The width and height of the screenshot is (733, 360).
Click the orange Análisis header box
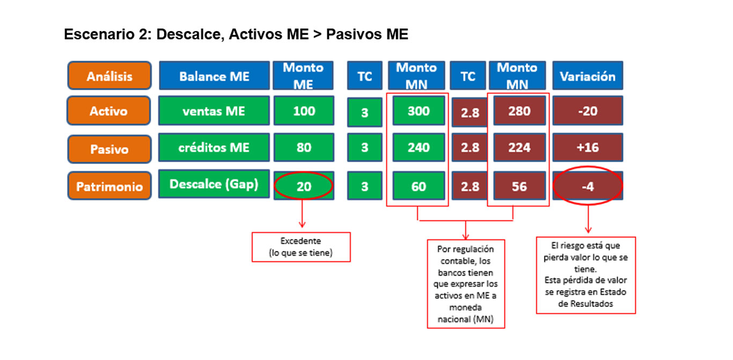109,76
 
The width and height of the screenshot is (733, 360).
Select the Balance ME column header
214,76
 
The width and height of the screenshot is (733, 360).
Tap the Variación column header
588,76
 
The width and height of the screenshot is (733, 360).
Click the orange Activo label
108,111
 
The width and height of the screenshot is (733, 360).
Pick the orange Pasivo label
109,149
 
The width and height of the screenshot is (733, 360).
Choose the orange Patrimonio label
109,186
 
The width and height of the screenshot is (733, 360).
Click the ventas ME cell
214,111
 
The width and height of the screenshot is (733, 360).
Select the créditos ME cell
214,147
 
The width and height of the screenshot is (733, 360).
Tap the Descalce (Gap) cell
214,183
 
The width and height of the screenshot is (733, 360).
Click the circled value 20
304,186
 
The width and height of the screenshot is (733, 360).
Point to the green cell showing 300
419,111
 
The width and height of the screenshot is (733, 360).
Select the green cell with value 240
419,147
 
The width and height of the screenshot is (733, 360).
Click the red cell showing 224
519,147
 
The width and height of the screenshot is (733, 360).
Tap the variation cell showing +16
588,147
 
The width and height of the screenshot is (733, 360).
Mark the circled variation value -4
588,186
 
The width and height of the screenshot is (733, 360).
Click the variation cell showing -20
588,111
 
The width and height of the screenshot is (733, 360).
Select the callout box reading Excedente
301,247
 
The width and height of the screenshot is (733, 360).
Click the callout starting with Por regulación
466,284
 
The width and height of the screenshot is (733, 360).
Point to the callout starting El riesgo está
586,275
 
